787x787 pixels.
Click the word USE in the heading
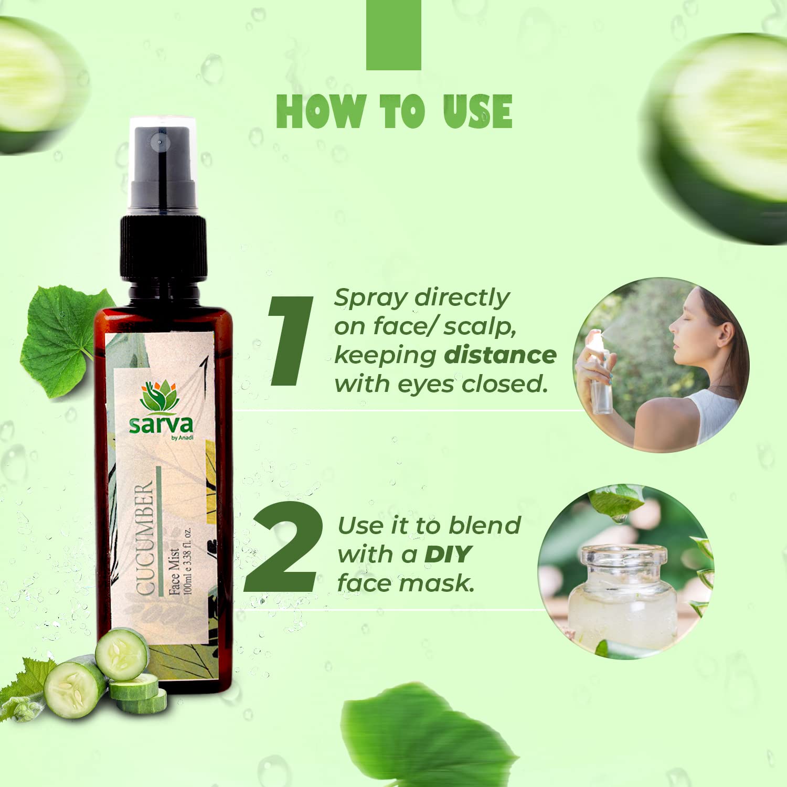pos(477,111)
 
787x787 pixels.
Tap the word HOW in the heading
pos(320,111)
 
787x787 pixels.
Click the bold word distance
pos(500,355)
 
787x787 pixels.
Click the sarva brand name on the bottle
pos(161,424)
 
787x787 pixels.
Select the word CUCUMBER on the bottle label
pos(144,539)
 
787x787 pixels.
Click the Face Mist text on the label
pos(174,572)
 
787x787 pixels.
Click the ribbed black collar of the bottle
pos(163,246)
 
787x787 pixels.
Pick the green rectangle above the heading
pos(393,35)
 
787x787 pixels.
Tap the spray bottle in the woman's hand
pos(600,372)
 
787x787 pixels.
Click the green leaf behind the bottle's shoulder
pos(66,341)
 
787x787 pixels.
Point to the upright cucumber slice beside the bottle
pos(122,653)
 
